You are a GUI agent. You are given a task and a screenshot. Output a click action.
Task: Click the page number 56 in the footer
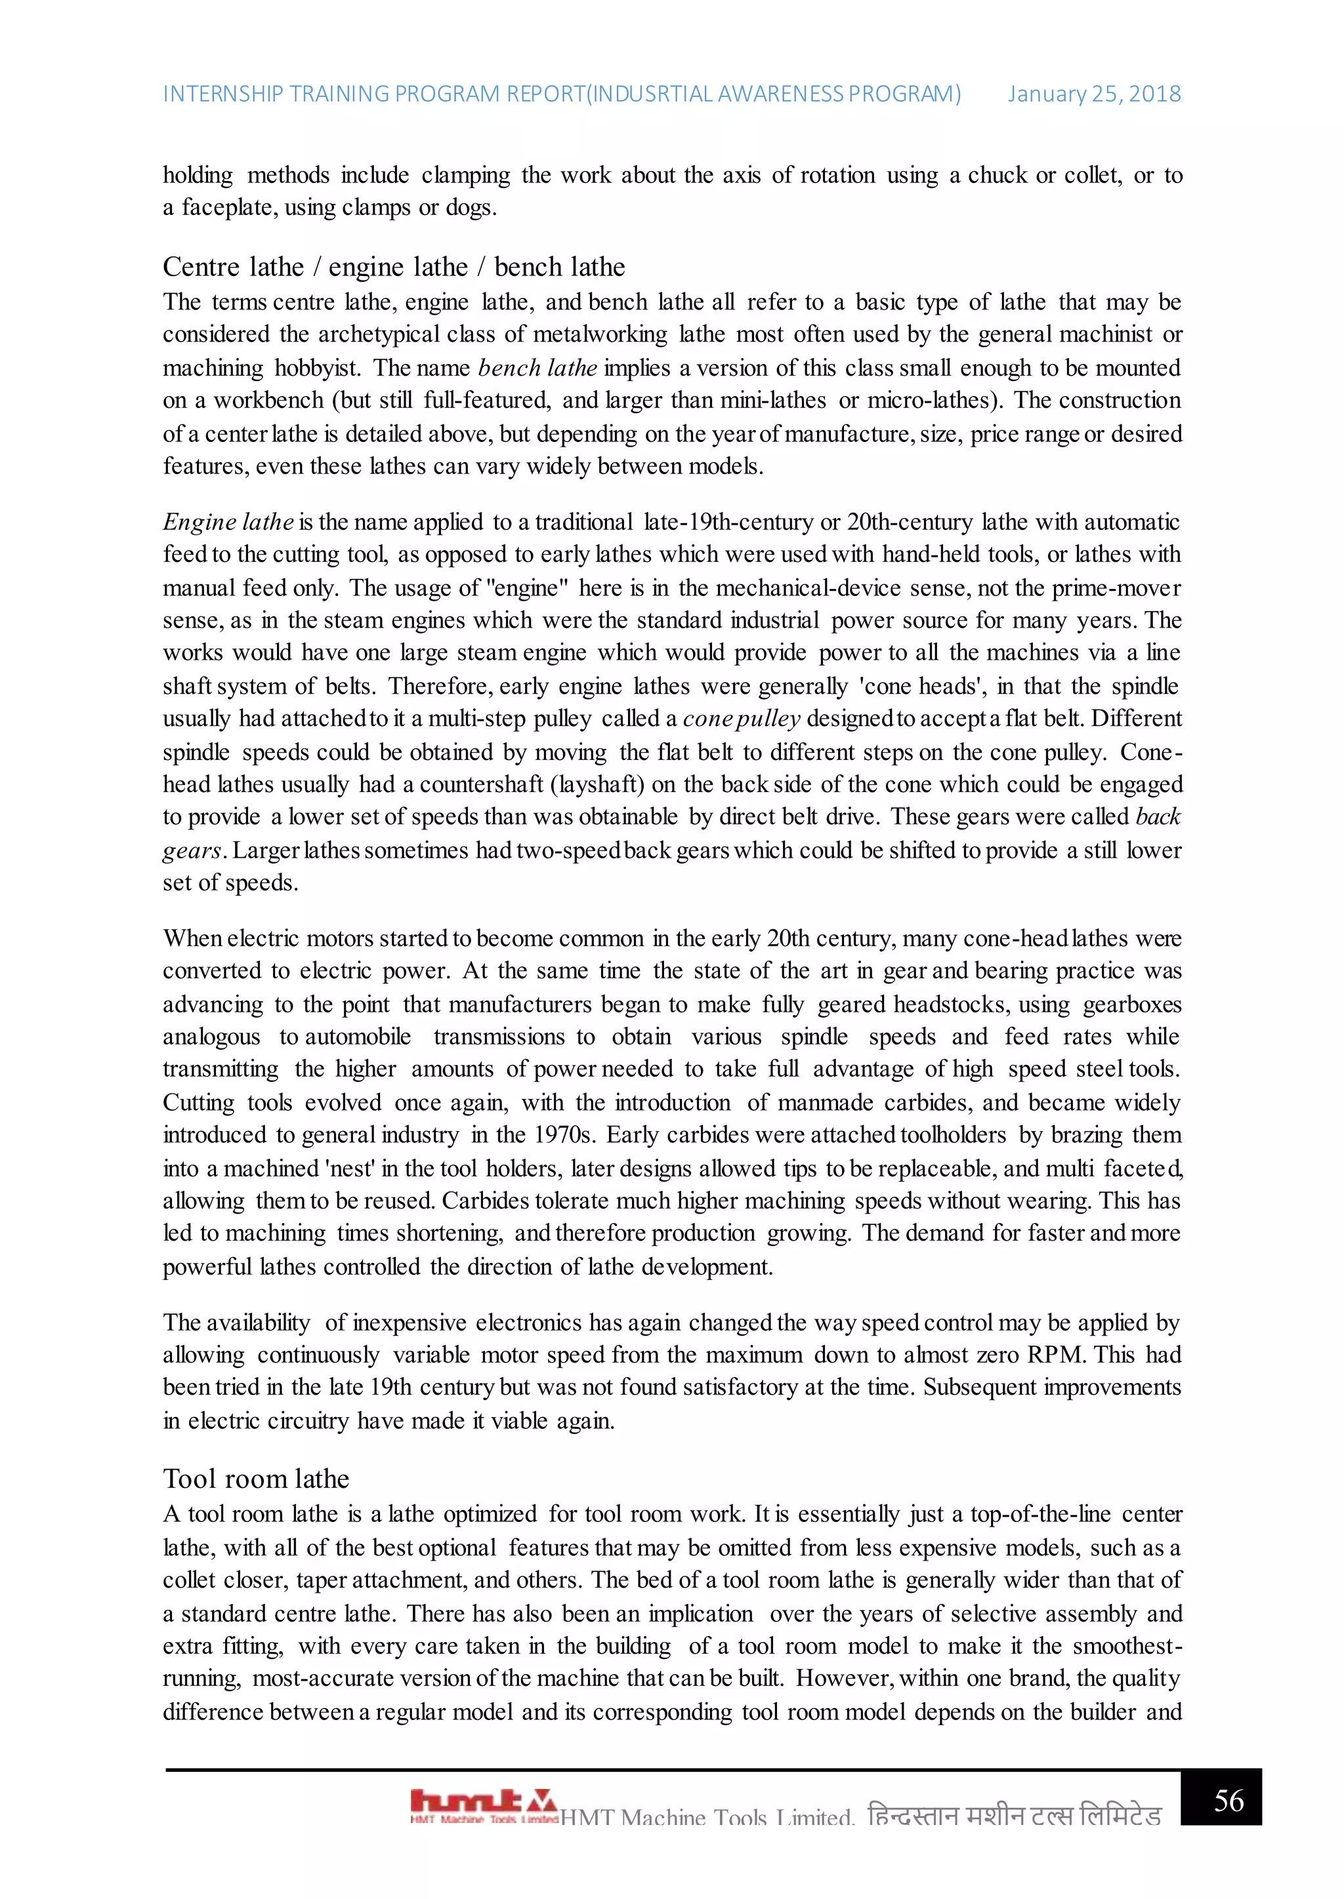point(1228,1800)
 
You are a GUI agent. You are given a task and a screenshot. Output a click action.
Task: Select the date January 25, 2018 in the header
point(1093,94)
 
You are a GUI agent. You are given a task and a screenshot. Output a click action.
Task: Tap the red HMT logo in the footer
point(483,1803)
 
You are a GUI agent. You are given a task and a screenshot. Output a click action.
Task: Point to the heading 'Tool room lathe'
point(256,1478)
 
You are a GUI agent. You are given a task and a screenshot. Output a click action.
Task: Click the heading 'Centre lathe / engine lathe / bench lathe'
point(393,267)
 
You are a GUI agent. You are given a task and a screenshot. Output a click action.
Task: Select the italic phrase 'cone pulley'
point(741,719)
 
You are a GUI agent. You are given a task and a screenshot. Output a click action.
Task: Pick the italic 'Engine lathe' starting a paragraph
point(228,522)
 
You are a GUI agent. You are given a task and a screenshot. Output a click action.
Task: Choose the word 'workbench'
point(268,400)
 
